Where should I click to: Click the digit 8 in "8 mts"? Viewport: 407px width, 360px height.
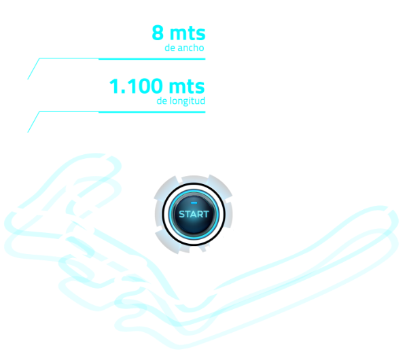pyautogui.click(x=158, y=33)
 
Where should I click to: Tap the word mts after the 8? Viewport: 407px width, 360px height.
pyautogui.click(x=188, y=33)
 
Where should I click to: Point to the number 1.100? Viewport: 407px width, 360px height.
pyautogui.click(x=136, y=86)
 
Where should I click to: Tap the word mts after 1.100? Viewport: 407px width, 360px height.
pyautogui.click(x=187, y=87)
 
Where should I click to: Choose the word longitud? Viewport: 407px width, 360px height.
pyautogui.click(x=188, y=101)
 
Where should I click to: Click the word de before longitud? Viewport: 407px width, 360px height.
pyautogui.click(x=162, y=101)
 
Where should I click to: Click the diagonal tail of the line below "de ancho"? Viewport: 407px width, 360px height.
pyautogui.click(x=33, y=69)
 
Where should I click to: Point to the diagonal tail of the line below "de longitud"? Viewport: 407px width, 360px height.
pyautogui.click(x=33, y=122)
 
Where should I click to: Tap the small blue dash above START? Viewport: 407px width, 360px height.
pyautogui.click(x=194, y=202)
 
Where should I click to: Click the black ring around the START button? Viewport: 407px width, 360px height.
pyautogui.click(x=194, y=184)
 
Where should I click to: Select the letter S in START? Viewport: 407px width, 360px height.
pyautogui.click(x=182, y=215)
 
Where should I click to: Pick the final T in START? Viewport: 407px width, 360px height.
pyautogui.click(x=206, y=215)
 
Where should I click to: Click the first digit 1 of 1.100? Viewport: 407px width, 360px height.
pyautogui.click(x=114, y=86)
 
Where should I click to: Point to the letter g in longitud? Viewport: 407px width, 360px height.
pyautogui.click(x=187, y=102)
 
